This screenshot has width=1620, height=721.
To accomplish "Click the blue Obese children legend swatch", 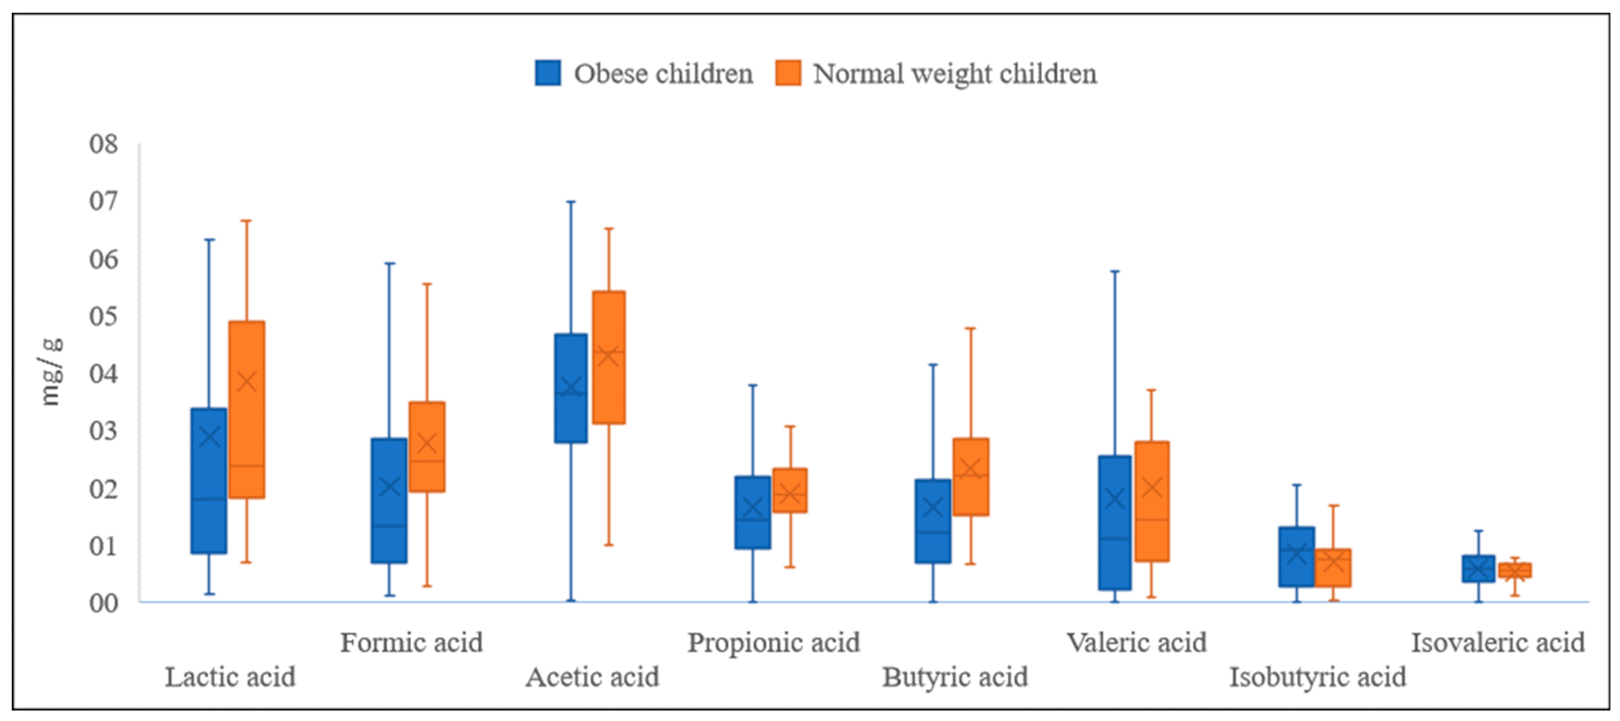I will [548, 73].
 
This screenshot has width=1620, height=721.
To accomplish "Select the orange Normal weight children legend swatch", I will [788, 73].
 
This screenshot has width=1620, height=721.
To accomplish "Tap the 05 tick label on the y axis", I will [104, 316].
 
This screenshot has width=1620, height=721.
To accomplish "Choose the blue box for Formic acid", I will [389, 501].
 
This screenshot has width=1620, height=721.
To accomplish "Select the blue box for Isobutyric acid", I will [1296, 557].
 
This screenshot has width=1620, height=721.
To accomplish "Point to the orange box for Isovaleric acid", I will [1515, 570].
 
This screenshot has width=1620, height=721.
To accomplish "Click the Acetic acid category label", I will [593, 677].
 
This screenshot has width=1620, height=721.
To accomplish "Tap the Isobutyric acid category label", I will [1318, 677].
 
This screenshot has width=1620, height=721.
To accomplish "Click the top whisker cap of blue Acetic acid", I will [571, 202].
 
